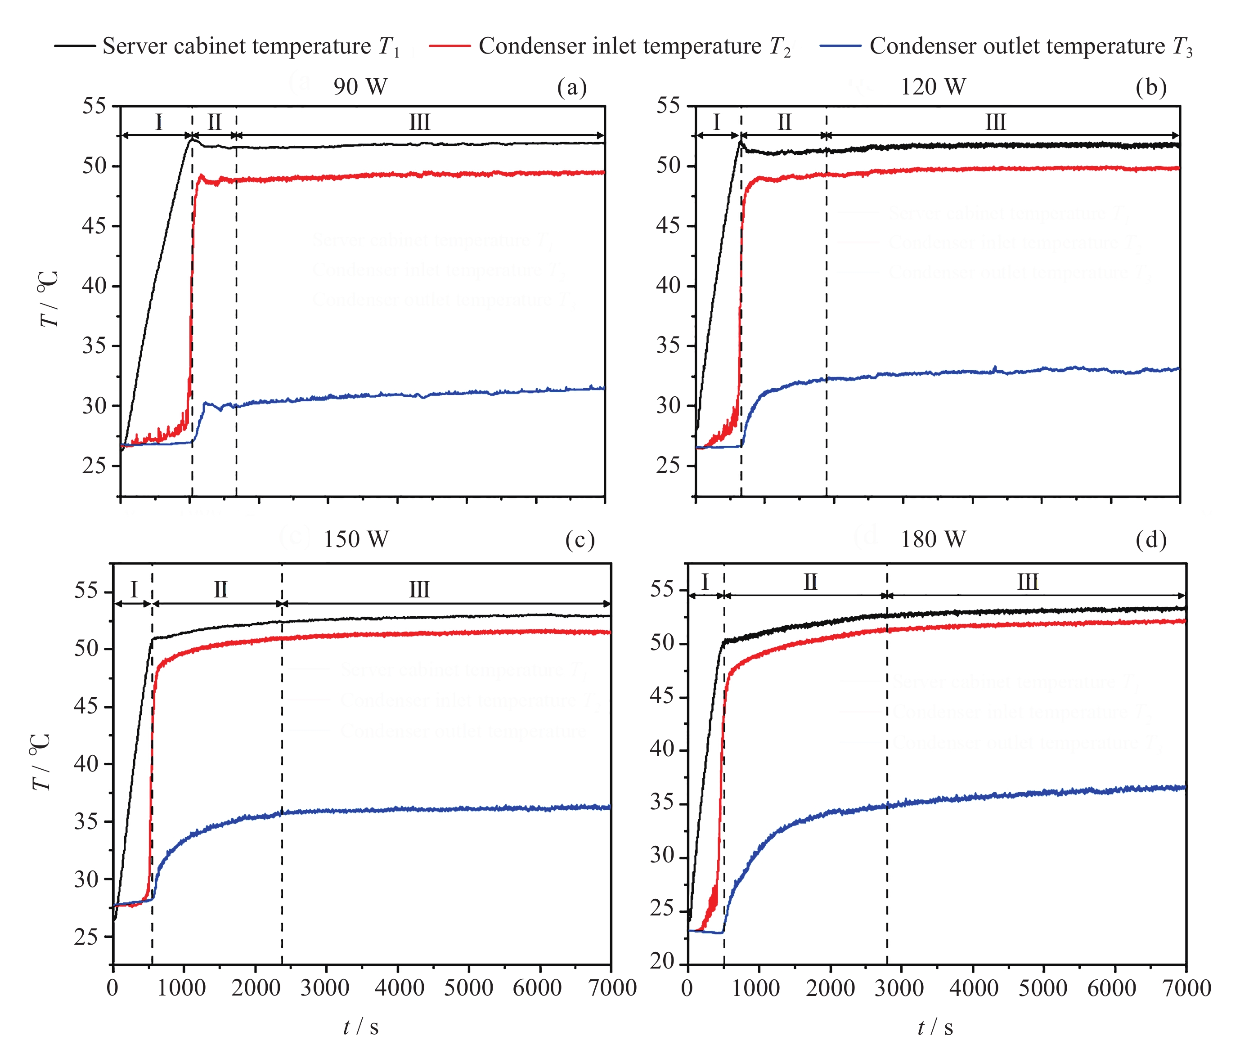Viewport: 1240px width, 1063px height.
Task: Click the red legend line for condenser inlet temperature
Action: [450, 46]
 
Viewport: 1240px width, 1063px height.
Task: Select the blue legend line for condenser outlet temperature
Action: [841, 46]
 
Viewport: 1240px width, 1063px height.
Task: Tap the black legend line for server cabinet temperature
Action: [75, 46]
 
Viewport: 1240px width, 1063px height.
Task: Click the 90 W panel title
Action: [360, 87]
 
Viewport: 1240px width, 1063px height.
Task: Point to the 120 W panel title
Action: [933, 87]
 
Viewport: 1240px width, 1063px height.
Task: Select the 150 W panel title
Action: [356, 539]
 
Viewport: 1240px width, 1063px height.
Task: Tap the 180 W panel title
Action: [933, 539]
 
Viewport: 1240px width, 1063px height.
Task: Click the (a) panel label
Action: [571, 87]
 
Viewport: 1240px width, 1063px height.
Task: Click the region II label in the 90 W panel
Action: [214, 123]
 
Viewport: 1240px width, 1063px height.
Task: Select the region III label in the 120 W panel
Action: [995, 123]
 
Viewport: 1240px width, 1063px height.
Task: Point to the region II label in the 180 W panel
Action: [810, 582]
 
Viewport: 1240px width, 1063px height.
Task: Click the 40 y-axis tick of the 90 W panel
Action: [94, 286]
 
